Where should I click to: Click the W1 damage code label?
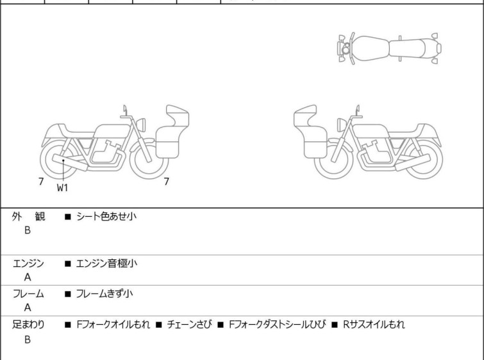pos(62,187)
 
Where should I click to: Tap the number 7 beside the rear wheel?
pos(41,182)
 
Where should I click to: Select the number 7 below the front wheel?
pos(167,182)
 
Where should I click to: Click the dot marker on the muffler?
pos(63,160)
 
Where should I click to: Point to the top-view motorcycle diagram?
pos(389,49)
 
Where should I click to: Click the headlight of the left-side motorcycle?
pos(141,124)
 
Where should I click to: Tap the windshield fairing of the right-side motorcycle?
pos(305,116)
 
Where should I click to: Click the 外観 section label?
pos(28,216)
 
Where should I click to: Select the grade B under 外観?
pos(28,230)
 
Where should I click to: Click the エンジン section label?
pos(28,264)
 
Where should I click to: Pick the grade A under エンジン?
pos(28,277)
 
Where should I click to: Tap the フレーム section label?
pos(28,293)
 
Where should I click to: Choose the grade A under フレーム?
pos(28,307)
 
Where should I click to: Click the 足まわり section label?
pos(28,325)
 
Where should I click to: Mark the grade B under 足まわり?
pos(28,339)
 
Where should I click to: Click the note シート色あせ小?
pos(106,216)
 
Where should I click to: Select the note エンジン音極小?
pos(106,263)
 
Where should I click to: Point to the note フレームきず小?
pos(104,293)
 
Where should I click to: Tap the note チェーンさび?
pos(189,325)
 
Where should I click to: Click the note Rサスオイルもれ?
pos(374,325)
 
